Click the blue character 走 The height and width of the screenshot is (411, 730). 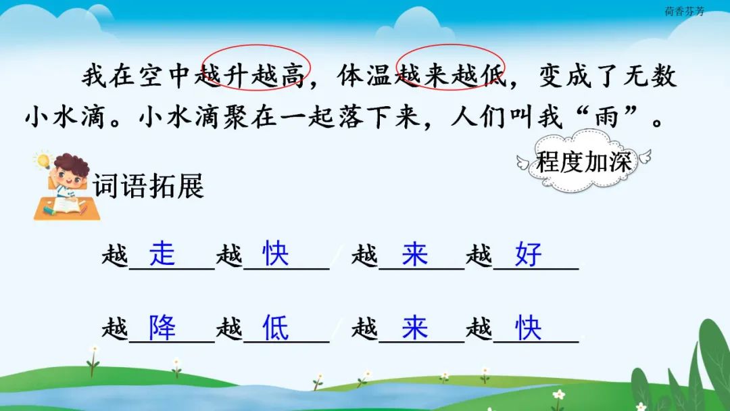coord(162,253)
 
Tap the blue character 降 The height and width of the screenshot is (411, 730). coord(162,327)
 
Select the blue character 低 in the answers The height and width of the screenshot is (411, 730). coord(276,327)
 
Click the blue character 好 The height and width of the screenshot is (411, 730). coord(529,253)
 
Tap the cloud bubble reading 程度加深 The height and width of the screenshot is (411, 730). coord(584,162)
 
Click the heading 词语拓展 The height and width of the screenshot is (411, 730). coord(149,186)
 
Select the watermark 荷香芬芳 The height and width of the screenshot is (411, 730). coord(684,11)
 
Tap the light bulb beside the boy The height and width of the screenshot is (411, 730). coord(43,161)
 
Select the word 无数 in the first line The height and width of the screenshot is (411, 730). coord(650,76)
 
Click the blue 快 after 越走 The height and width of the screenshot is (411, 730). coord(276,253)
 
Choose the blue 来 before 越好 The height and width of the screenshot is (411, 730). coord(415,253)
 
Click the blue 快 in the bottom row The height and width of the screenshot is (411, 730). coord(529,327)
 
